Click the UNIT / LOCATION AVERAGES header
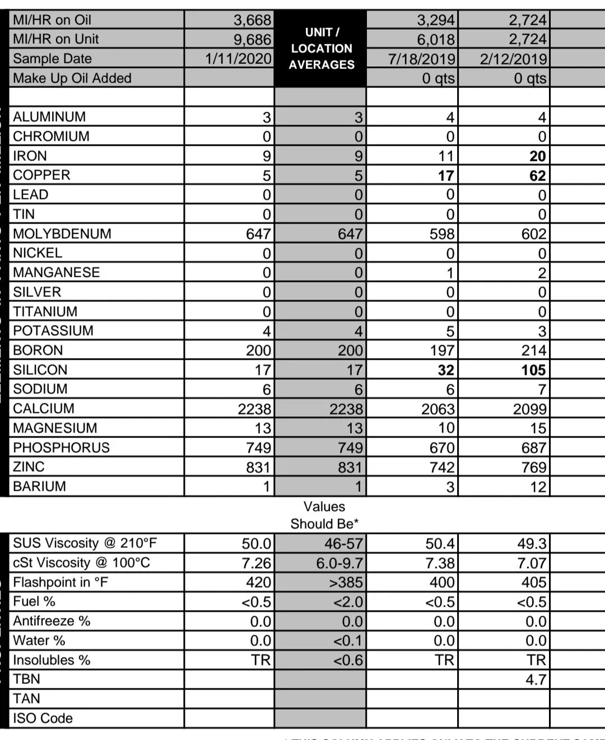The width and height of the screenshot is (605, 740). [322, 49]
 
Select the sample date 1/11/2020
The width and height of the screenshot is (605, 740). [238, 59]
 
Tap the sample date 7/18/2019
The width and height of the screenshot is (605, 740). [421, 59]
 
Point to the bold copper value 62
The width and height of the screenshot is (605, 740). [537, 176]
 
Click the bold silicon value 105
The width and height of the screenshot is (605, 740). [533, 370]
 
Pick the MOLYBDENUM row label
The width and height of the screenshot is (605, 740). [62, 234]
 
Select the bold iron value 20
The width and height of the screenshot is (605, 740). [537, 156]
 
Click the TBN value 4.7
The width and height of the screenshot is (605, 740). [536, 680]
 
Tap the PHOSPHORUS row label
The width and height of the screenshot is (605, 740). [62, 448]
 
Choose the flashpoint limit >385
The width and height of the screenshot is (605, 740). [346, 583]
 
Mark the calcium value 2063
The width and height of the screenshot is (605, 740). [438, 409]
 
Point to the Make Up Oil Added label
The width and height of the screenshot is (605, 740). [72, 78]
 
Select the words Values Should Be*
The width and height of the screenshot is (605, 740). [324, 515]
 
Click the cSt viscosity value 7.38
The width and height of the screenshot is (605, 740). [441, 563]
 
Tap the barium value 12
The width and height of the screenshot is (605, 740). [538, 487]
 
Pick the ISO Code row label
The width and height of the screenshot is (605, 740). [43, 718]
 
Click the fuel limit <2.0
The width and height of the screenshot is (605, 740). [348, 602]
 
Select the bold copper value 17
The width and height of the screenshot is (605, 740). [445, 176]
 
